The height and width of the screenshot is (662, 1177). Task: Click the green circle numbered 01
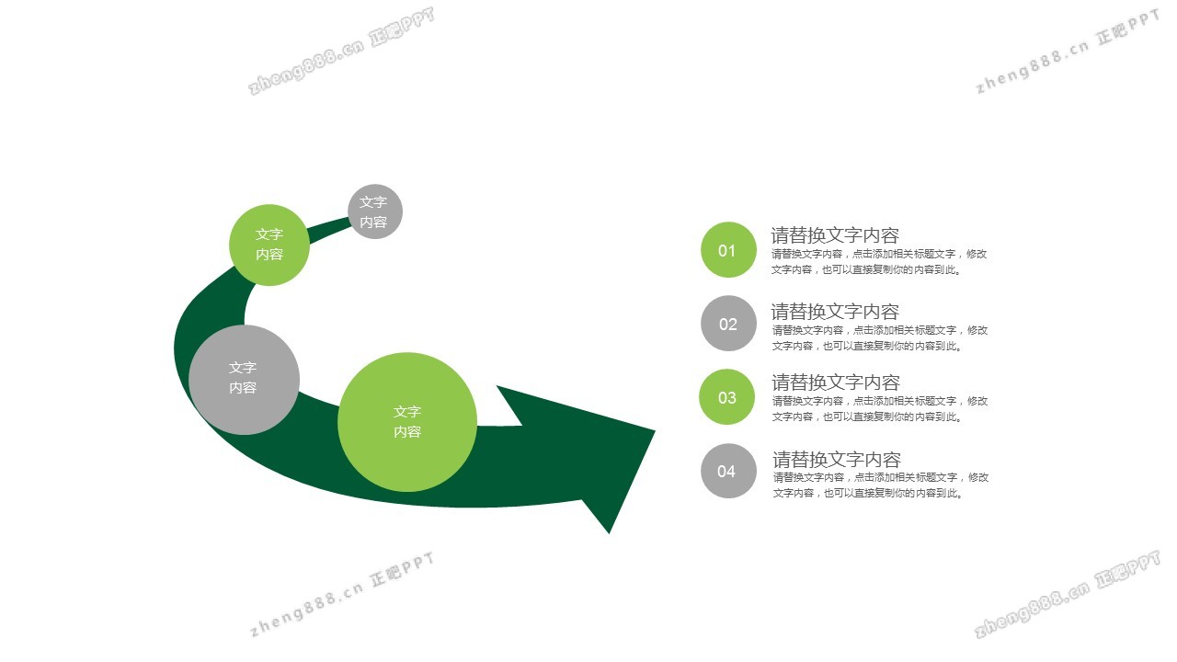coord(728,249)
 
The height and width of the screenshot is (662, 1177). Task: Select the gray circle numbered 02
coord(728,323)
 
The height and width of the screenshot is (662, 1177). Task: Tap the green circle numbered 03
coord(726,396)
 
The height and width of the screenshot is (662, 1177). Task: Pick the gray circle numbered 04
coord(728,471)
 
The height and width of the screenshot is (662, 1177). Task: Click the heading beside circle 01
coord(834,235)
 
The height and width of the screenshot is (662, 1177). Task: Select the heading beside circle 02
coord(834,312)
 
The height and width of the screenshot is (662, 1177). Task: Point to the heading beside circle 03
coord(836,382)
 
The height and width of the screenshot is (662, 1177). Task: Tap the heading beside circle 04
coord(837,460)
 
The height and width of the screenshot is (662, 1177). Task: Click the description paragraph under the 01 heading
coord(878,262)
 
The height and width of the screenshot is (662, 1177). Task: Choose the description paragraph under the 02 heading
coord(880,337)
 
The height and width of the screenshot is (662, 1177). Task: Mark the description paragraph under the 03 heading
coord(880,409)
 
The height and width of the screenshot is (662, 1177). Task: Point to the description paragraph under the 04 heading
coord(881,485)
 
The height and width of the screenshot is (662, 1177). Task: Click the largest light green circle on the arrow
coord(407,422)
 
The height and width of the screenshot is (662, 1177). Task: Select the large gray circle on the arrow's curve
coord(244,380)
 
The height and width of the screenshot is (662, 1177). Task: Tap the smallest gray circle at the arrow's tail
coord(375,211)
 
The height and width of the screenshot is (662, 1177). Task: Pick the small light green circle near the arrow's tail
coord(269,245)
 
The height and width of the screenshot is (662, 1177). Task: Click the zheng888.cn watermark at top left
coord(341,51)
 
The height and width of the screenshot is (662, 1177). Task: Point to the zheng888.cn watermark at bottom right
coord(1067,594)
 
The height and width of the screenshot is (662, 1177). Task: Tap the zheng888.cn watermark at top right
coord(1068,51)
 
